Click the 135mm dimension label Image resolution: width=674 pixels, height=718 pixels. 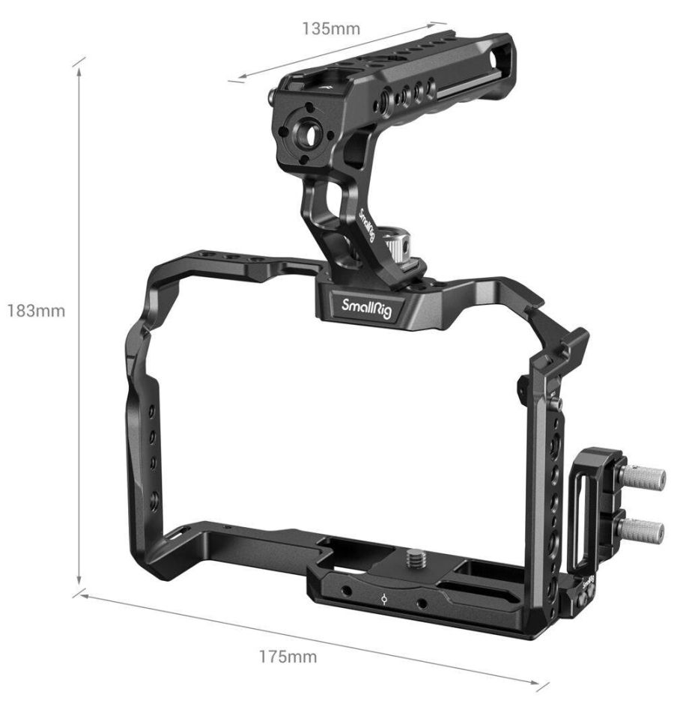point(330,29)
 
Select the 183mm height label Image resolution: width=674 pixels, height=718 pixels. point(36,311)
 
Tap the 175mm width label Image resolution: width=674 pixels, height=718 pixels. point(288,657)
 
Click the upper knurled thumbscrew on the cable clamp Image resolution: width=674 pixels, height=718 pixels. point(643,478)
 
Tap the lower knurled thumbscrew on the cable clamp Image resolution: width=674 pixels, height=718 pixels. point(641,530)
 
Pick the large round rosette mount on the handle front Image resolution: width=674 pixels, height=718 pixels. point(306,133)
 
